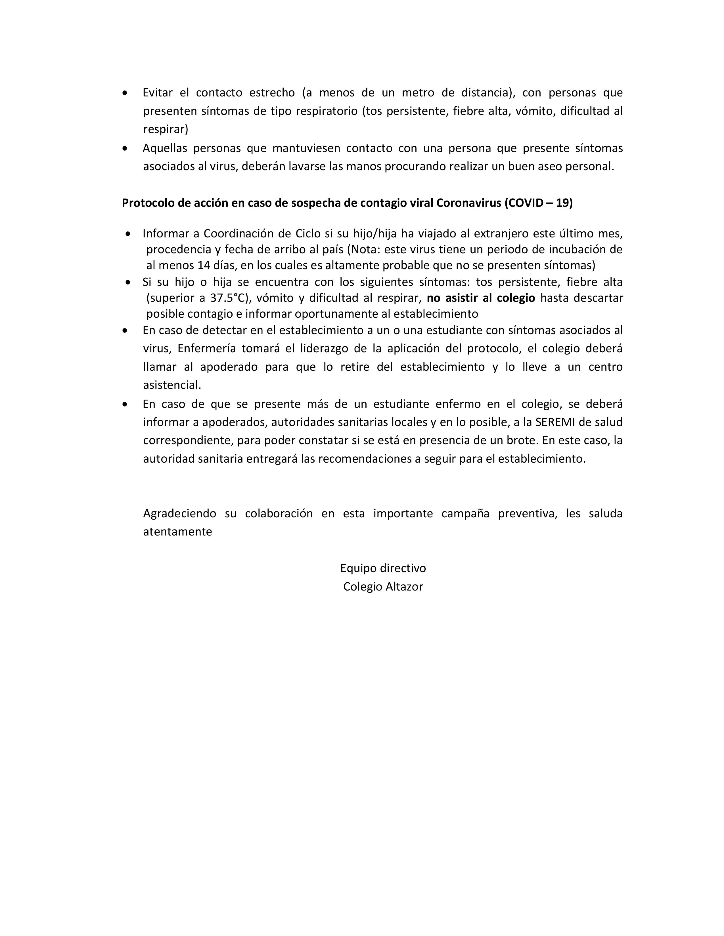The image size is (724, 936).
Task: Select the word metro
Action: [x=416, y=92]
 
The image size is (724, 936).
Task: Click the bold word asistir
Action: [x=462, y=298]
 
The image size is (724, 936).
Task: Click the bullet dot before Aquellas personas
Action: [x=125, y=149]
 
